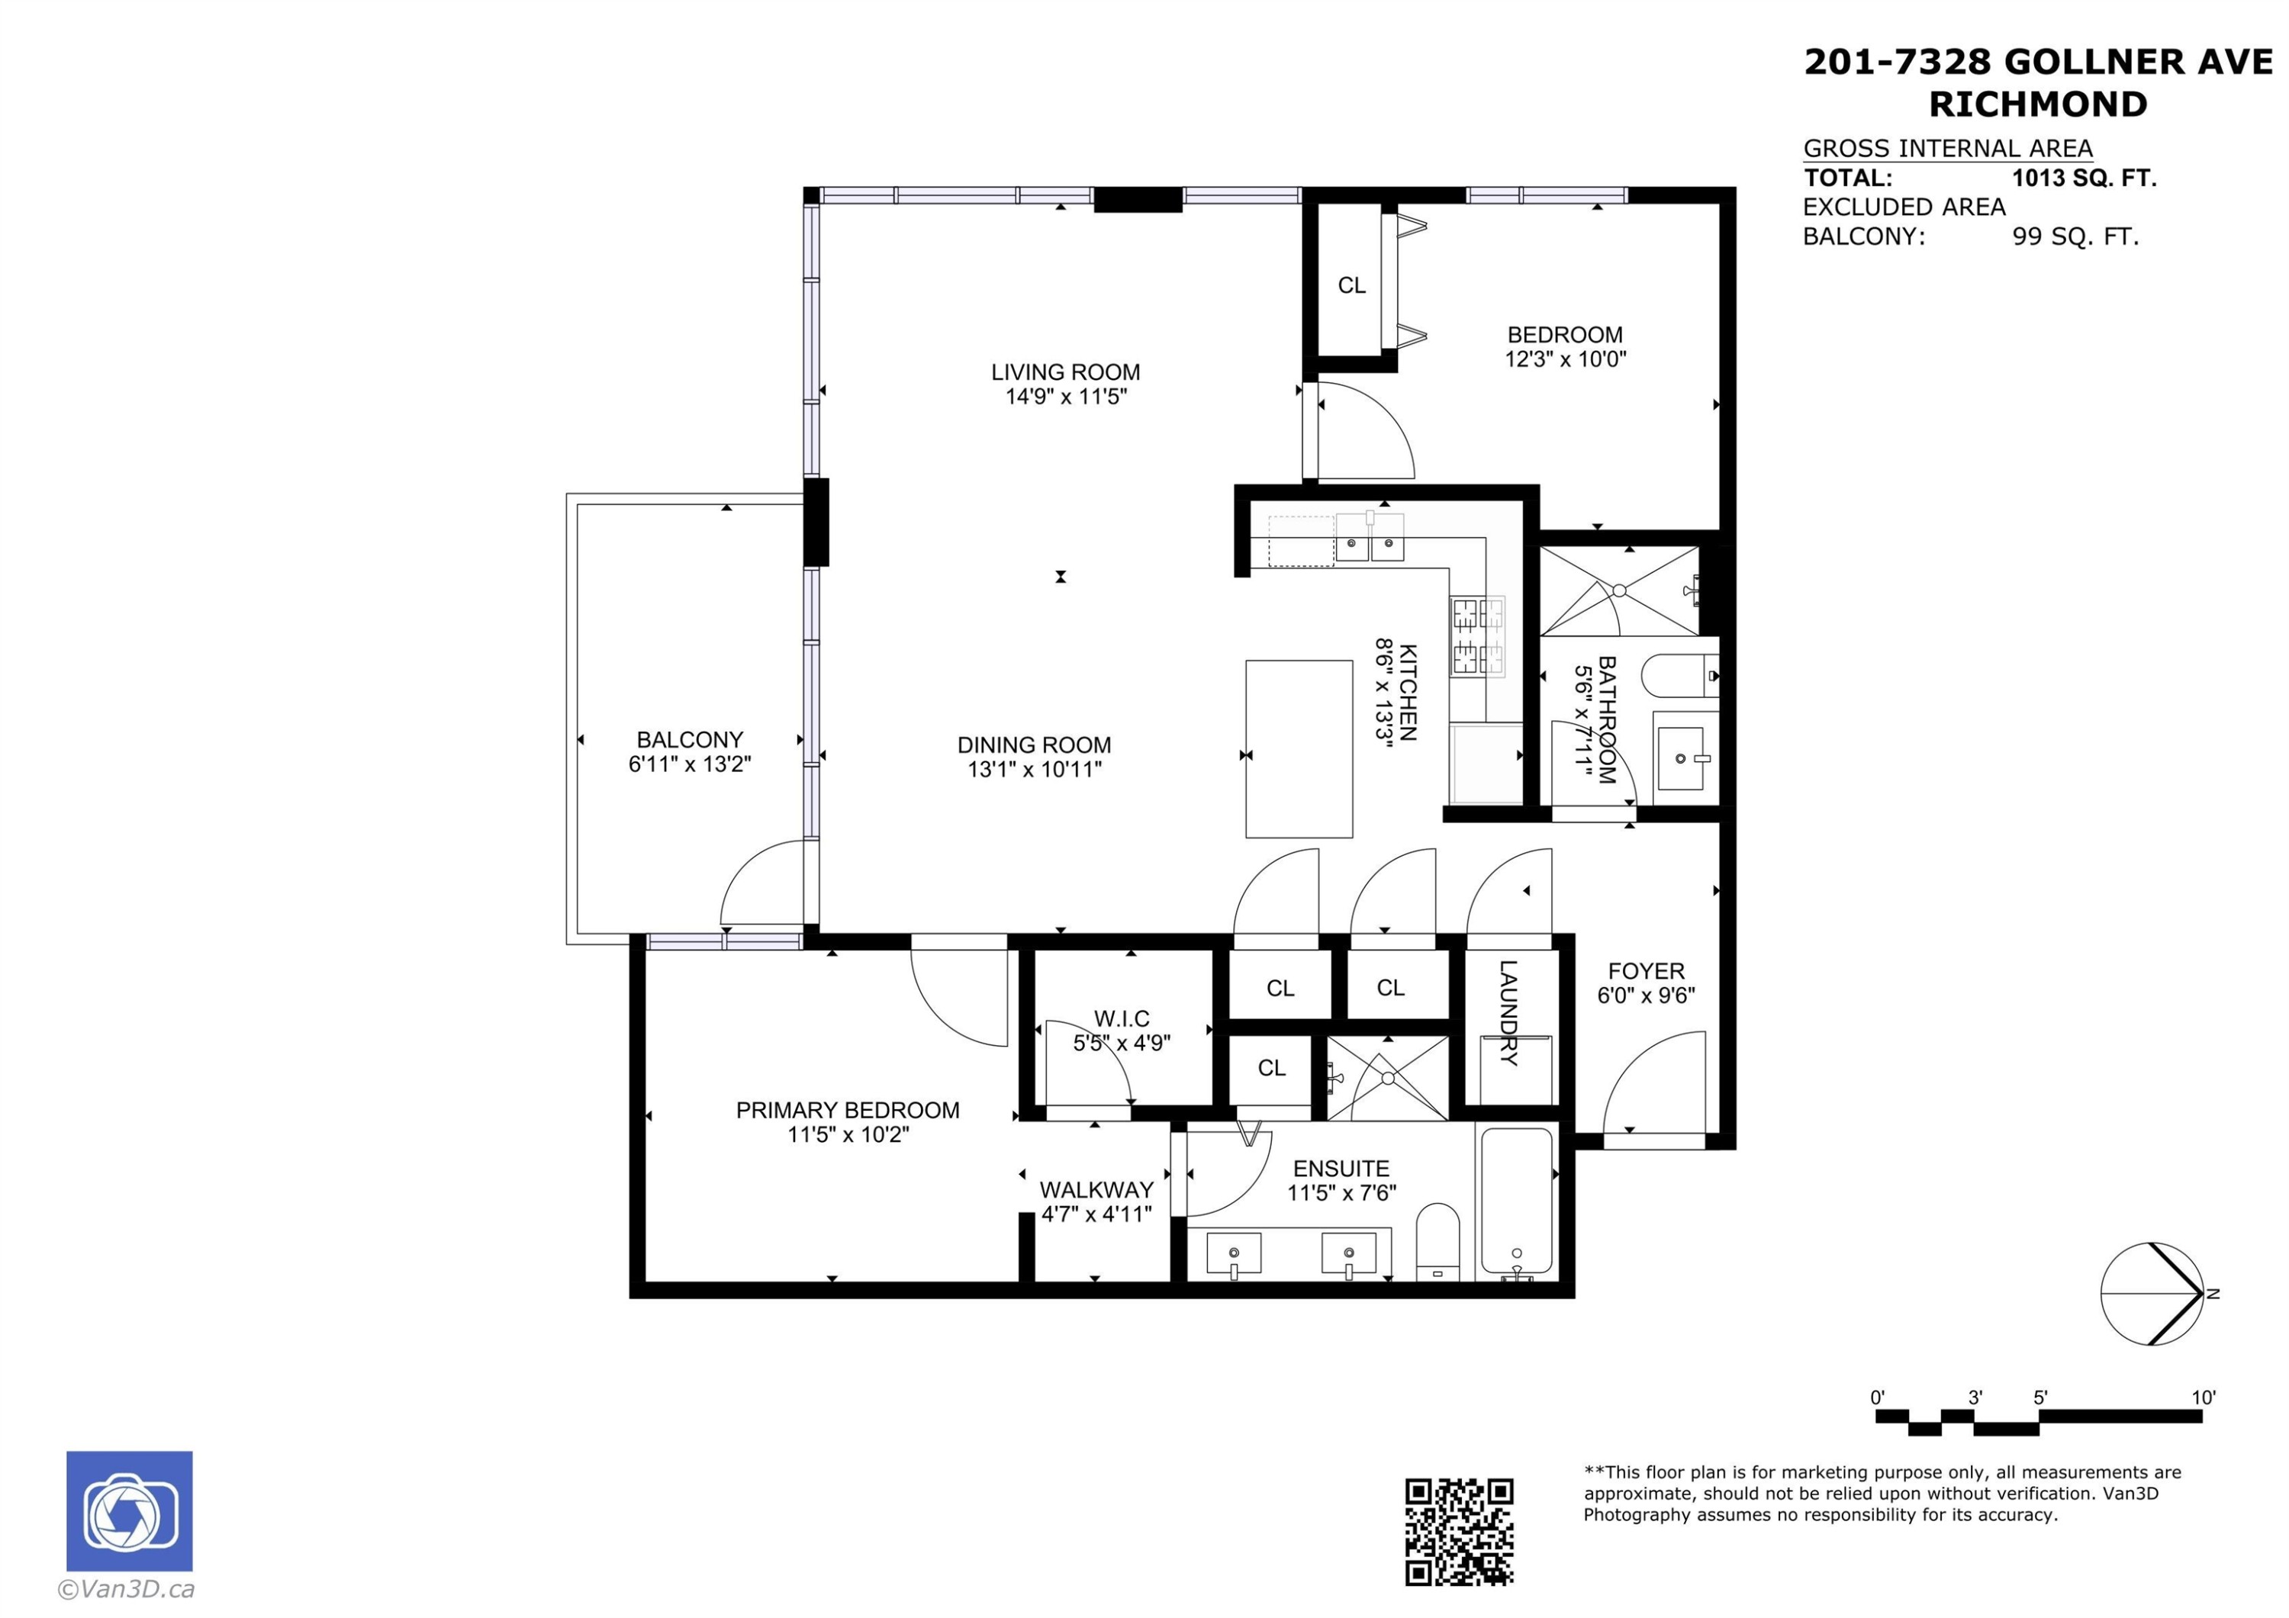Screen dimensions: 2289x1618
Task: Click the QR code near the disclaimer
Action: pyautogui.click(x=1459, y=1531)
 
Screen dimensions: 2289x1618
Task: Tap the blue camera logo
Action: pyautogui.click(x=130, y=1510)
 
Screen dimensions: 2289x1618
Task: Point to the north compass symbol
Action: pyautogui.click(x=2153, y=1293)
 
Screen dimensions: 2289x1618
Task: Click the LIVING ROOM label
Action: pyautogui.click(x=1064, y=372)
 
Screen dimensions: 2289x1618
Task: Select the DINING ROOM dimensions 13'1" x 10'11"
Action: pyautogui.click(x=1034, y=769)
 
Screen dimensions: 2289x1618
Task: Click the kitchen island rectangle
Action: pyautogui.click(x=1299, y=748)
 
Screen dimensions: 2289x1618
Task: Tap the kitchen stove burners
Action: pyautogui.click(x=1477, y=636)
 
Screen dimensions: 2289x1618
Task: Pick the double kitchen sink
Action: pyautogui.click(x=1370, y=537)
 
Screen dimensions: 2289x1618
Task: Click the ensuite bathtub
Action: pyautogui.click(x=1515, y=1202)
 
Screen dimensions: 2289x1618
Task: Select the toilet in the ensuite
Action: pyautogui.click(x=1437, y=1241)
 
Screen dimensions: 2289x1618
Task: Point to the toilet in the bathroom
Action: pyautogui.click(x=1680, y=676)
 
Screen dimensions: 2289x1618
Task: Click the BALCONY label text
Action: pyautogui.click(x=690, y=740)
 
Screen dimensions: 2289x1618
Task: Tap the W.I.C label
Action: pyautogui.click(x=1122, y=1018)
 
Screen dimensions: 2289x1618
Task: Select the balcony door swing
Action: pyautogui.click(x=763, y=881)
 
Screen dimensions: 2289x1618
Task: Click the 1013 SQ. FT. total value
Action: pyautogui.click(x=2084, y=179)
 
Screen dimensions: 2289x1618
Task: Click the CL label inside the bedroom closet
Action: pyautogui.click(x=1351, y=285)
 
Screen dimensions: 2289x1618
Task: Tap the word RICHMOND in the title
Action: pyautogui.click(x=2038, y=104)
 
